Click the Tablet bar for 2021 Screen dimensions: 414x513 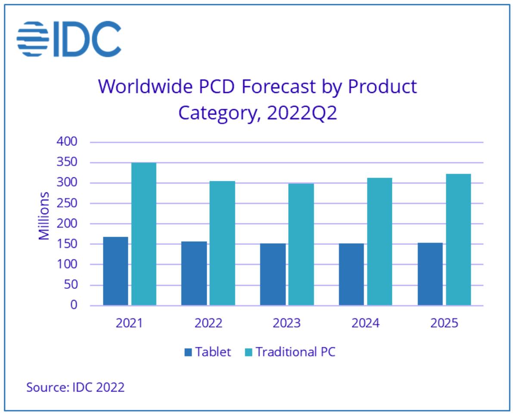(x=115, y=271)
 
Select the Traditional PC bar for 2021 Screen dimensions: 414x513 (x=144, y=234)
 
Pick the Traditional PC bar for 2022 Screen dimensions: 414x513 (x=222, y=243)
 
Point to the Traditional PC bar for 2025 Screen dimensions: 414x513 (x=458, y=240)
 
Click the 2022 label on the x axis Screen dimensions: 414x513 (x=208, y=323)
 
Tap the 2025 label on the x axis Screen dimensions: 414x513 (x=444, y=323)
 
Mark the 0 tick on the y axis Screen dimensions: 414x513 (x=74, y=305)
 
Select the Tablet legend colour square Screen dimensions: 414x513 (x=188, y=352)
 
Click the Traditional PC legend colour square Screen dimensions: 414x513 (x=249, y=352)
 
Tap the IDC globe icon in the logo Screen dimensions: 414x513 (x=33, y=39)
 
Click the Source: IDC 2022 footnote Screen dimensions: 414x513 (x=75, y=387)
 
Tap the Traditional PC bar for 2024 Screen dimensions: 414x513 (x=379, y=241)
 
